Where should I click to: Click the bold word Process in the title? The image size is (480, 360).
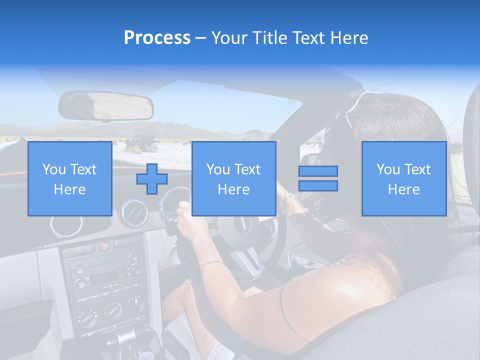pos(157,37)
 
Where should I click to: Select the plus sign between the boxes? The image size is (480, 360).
pos(152,179)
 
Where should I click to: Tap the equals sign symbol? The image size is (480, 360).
pos(318,178)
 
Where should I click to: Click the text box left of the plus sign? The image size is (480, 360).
pos(69,179)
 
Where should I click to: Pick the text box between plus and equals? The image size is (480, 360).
pos(233,179)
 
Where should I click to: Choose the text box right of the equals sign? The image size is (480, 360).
pos(403,179)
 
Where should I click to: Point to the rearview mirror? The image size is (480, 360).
pos(106,105)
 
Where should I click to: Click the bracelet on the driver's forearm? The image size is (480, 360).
pos(212,263)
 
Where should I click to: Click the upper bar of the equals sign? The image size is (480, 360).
pos(318,171)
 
